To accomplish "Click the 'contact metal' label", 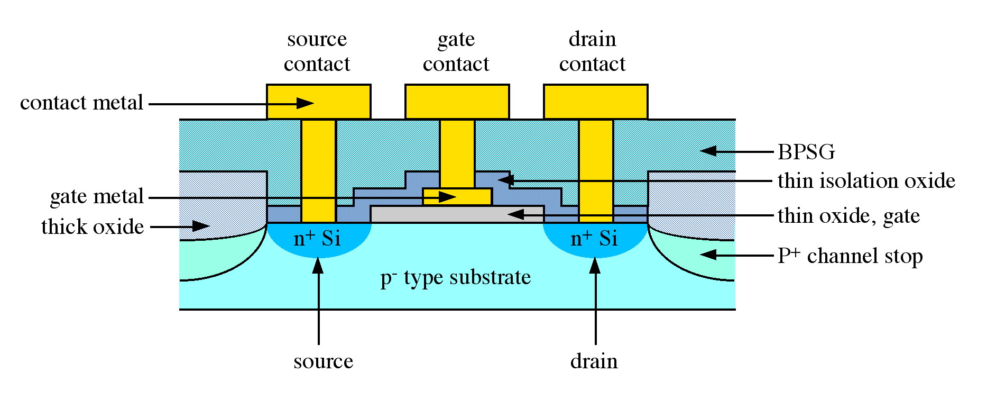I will [81, 103].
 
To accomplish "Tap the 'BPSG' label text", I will [806, 152].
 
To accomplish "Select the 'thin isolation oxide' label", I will [866, 181].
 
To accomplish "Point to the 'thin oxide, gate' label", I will [848, 216].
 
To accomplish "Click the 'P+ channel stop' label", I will [850, 256].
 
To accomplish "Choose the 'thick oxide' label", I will [93, 227].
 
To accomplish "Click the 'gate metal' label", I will [97, 196].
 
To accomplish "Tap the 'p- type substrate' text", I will [455, 278].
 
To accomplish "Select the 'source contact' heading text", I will [317, 51].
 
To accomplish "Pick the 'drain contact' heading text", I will [592, 51].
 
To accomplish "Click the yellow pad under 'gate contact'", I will [457, 102].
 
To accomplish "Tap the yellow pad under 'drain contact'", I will [595, 102].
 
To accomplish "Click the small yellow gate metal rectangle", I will [457, 196].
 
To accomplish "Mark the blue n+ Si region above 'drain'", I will [595, 239].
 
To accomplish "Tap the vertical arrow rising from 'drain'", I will [595, 302].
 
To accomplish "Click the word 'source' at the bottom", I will [323, 361].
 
